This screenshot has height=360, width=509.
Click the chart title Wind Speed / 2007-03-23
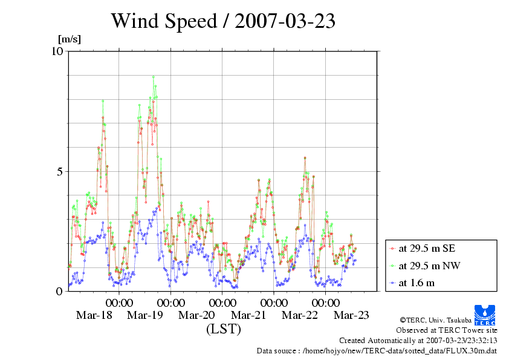(222, 21)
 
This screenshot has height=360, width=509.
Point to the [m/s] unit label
(69, 40)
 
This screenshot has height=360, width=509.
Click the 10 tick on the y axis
(57, 51)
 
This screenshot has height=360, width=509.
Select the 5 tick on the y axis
(60, 171)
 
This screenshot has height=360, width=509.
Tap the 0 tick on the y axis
(60, 291)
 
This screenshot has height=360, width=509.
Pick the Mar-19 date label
(145, 315)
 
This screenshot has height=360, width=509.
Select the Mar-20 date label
(197, 315)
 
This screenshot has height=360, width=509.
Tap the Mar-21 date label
(248, 315)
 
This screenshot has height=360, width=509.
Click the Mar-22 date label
(300, 315)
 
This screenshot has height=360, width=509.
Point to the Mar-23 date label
(352, 315)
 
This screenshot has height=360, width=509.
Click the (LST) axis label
(223, 330)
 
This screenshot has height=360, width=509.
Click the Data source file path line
(377, 350)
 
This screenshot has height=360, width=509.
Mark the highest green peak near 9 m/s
(154, 77)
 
